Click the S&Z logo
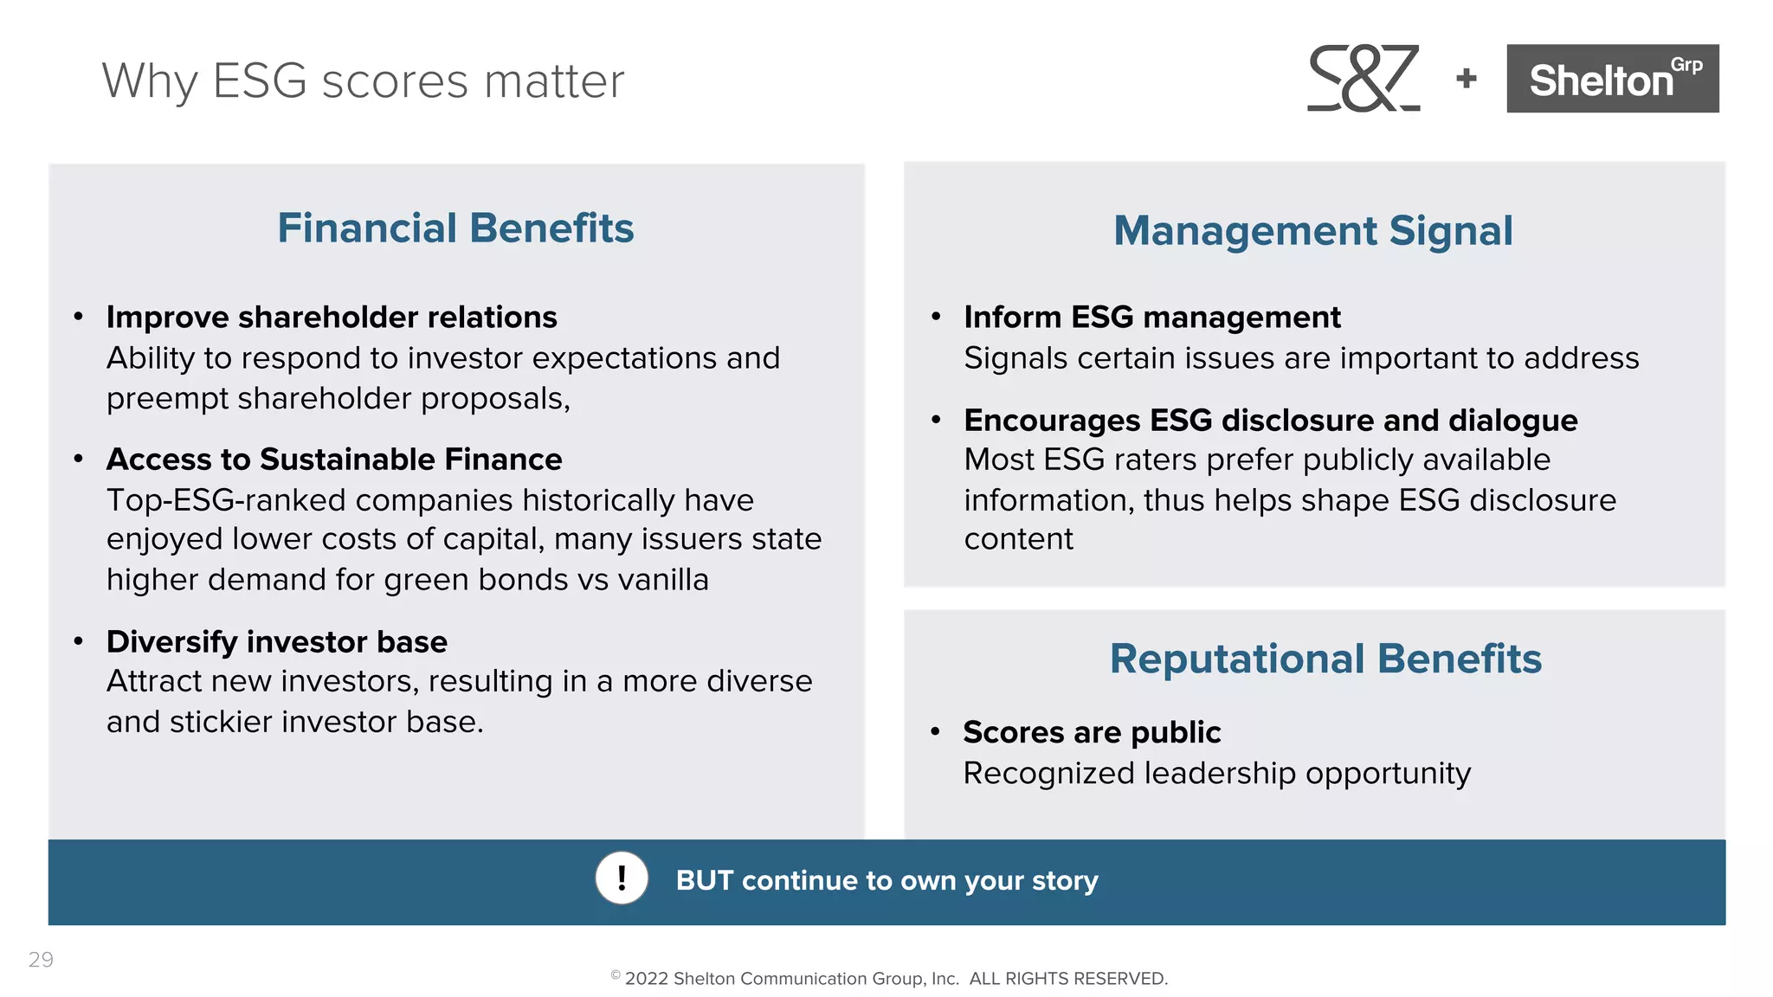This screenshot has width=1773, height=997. click(x=1363, y=78)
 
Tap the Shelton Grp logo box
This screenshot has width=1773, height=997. click(x=1612, y=79)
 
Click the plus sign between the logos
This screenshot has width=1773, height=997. click(x=1467, y=79)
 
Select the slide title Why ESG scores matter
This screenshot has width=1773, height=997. click(x=363, y=81)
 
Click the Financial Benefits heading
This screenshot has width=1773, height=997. click(x=455, y=228)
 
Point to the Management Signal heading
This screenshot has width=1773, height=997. click(x=1312, y=231)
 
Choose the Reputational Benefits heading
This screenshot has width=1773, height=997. click(x=1325, y=659)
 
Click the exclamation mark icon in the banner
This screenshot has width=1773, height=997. click(x=622, y=878)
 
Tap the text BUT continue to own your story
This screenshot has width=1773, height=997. click(x=886, y=880)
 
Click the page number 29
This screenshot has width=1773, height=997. click(x=41, y=959)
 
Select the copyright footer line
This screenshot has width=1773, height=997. click(x=889, y=978)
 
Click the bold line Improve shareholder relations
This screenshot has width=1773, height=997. click(x=332, y=318)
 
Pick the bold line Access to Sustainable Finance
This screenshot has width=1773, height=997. click(x=334, y=460)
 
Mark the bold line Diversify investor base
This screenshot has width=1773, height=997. click(x=277, y=642)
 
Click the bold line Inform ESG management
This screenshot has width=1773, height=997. click(x=1151, y=318)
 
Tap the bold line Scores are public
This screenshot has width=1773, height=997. click(x=1092, y=733)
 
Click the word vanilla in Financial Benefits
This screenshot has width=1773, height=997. click(x=666, y=580)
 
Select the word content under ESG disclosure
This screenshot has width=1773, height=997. click(x=1018, y=539)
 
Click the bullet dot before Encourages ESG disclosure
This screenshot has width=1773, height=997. click(x=935, y=421)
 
